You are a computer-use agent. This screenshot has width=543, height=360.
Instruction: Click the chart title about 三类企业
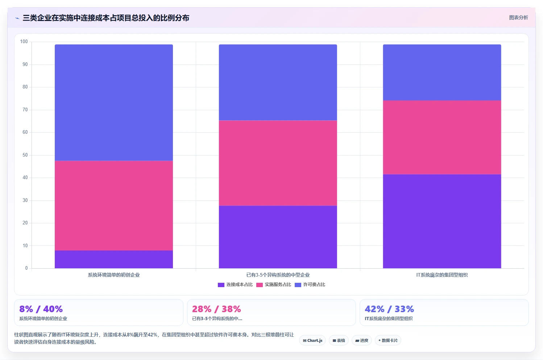coord(106,18)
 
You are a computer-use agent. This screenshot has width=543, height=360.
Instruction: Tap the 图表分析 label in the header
coord(518,18)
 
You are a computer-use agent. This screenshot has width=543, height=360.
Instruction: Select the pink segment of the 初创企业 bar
coord(114,206)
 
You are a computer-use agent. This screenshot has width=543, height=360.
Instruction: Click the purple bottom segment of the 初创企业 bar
coord(114,259)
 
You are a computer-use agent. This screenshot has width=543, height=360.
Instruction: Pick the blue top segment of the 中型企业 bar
coord(278,82)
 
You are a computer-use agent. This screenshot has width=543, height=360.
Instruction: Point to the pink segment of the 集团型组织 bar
coord(442,137)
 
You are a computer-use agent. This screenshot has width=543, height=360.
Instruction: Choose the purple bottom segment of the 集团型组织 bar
coord(442,222)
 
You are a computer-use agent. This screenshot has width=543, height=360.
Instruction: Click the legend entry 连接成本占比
coord(235,285)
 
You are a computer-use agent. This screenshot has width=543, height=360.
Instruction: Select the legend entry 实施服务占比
coord(273,285)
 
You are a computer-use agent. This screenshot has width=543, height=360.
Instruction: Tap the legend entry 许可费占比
coord(310,285)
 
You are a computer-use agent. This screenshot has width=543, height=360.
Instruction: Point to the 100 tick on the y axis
coord(24,42)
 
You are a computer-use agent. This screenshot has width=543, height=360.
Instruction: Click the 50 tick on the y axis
coord(25,155)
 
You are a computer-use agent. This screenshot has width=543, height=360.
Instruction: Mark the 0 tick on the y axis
coord(26,268)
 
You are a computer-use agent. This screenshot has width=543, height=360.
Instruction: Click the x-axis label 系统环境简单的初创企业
coord(114,275)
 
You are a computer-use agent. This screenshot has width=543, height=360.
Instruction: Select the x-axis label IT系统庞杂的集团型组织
coord(442,275)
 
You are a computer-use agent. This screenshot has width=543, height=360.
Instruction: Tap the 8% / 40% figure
coord(41,309)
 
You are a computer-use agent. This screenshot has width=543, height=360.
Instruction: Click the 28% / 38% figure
coord(216,309)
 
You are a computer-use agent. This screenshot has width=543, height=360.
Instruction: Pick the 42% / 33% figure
coord(389,309)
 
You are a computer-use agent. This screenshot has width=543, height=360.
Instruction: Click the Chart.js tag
coord(312,340)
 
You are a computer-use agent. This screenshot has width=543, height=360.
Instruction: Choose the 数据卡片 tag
coord(388,340)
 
